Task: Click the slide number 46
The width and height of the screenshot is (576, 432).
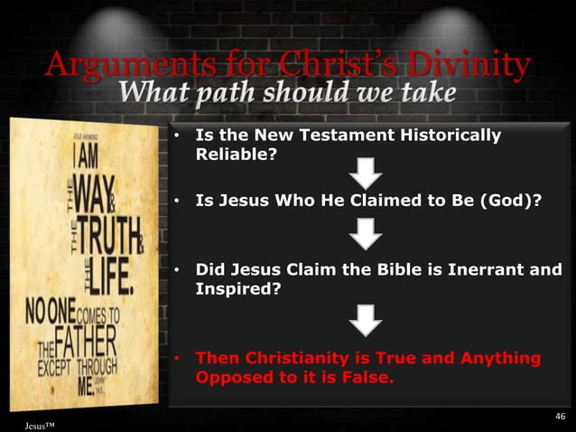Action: pos(560,415)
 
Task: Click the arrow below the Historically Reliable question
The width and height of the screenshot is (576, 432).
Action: pos(366,174)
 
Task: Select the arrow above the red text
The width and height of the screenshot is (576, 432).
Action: pos(366,318)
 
